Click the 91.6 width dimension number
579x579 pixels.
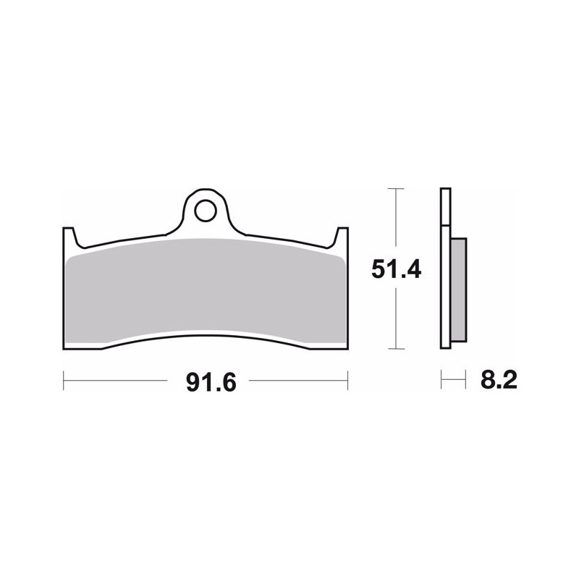[x=211, y=383]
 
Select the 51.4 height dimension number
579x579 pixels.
[x=396, y=269]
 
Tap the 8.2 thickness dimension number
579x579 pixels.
[x=499, y=379]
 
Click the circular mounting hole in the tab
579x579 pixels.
[x=206, y=211]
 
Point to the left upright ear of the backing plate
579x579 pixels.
[x=69, y=237]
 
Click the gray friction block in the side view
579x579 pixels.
[x=459, y=289]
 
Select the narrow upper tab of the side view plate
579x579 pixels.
[x=445, y=207]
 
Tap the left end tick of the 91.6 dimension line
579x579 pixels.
[x=64, y=381]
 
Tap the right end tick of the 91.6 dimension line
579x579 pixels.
[x=347, y=381]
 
